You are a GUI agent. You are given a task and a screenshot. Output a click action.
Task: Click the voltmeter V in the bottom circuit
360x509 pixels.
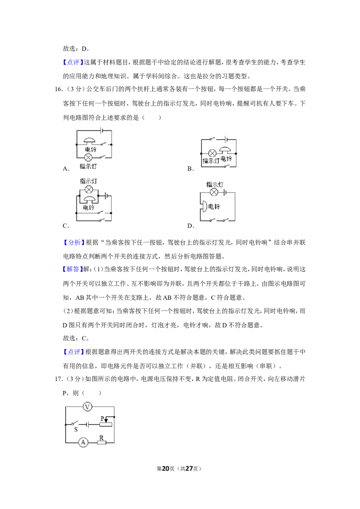87,406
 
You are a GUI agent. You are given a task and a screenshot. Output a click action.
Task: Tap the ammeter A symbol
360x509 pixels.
83,442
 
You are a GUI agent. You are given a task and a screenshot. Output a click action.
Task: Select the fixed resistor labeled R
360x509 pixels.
101,442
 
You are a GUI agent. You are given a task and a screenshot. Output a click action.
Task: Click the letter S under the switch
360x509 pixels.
76,429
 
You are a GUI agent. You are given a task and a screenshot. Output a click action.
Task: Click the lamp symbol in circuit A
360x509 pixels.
88,158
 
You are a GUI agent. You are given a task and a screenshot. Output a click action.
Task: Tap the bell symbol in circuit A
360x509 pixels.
90,141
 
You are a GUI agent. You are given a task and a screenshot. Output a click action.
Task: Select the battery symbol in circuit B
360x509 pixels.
226,139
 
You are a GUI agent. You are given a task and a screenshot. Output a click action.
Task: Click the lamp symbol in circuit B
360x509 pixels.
212,153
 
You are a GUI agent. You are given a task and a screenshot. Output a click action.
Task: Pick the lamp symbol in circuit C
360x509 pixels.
89,190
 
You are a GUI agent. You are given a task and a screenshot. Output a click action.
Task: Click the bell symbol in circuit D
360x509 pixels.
204,206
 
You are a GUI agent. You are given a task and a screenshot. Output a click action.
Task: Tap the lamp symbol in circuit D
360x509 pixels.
214,192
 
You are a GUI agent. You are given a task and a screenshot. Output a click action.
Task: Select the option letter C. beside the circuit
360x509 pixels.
66,226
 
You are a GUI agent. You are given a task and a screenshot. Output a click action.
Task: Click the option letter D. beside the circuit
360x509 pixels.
191,226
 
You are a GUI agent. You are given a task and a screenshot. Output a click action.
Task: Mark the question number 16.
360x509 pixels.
58,89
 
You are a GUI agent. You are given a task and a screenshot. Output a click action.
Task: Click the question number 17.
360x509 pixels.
58,379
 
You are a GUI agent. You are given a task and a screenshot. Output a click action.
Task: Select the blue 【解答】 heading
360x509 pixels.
73,269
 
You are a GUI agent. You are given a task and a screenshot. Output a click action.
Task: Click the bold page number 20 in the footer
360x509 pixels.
166,469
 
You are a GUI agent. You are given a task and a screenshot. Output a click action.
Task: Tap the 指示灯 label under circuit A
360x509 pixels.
88,166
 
